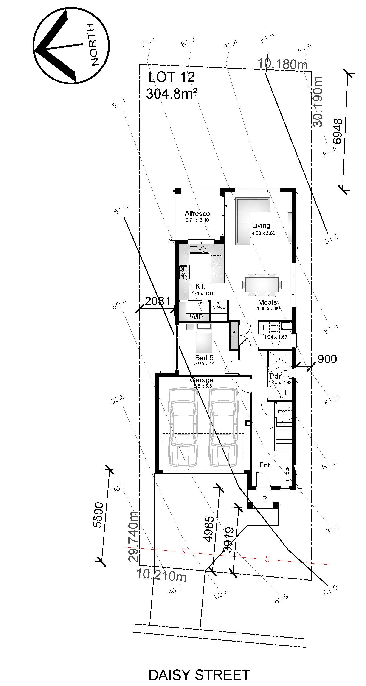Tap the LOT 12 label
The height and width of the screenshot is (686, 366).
coord(171,77)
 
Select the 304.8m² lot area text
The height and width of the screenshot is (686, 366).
coord(172,94)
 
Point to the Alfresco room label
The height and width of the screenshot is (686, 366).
coord(197,214)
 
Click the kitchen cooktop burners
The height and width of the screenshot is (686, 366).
coord(183,272)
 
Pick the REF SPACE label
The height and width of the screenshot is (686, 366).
coord(219,305)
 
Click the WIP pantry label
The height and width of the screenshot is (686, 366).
coord(196,317)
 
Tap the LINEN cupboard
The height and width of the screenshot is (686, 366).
coord(234,335)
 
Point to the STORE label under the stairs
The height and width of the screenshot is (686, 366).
coord(284,412)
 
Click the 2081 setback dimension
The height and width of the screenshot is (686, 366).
coord(158,301)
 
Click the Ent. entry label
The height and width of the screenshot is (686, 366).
coord(265,465)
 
